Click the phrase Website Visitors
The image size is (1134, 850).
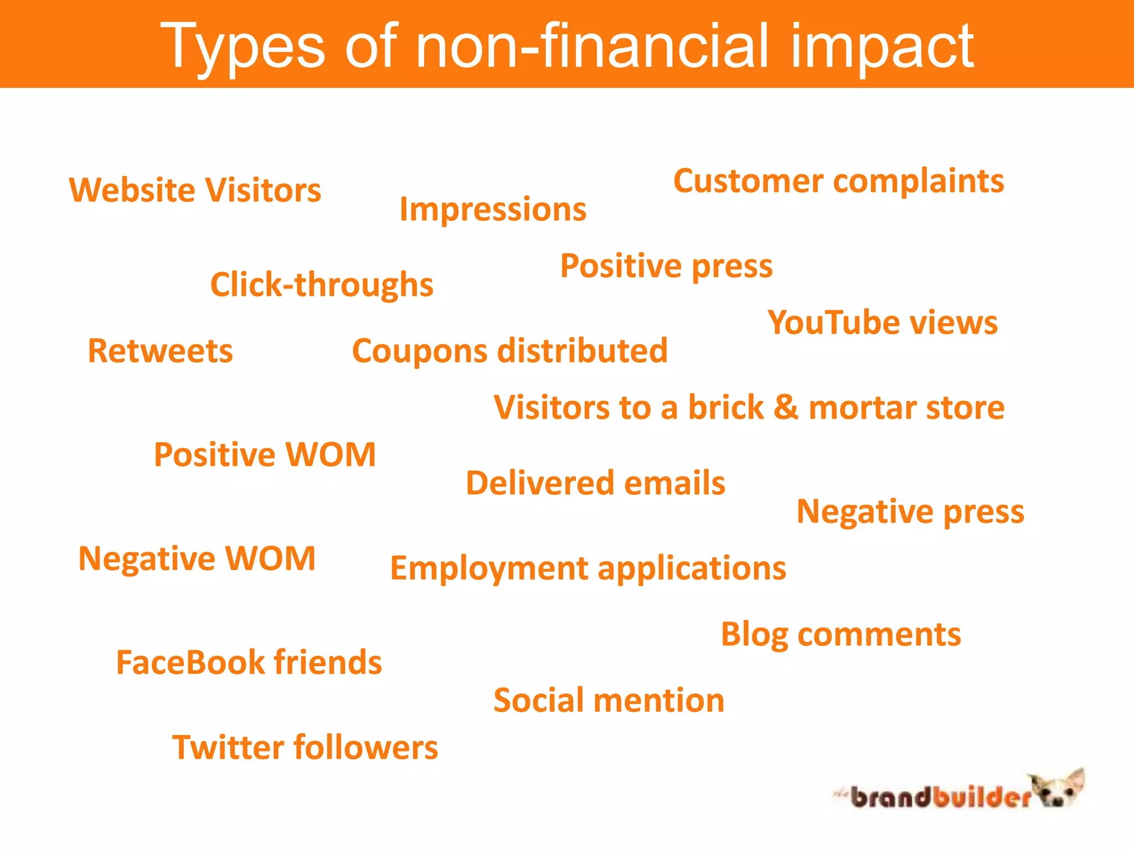[x=195, y=190]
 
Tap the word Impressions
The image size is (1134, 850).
[x=493, y=210]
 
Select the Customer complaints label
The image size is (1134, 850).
[x=838, y=181]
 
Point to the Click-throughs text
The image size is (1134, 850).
[x=322, y=285]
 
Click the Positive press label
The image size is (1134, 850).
[x=666, y=266]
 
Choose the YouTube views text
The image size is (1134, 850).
[x=883, y=323]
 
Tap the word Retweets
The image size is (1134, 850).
[x=161, y=351]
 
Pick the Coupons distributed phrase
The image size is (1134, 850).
[x=510, y=351]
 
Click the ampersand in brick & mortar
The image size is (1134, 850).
[x=786, y=407]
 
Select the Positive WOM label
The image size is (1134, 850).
[x=265, y=455]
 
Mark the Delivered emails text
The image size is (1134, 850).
[x=595, y=483]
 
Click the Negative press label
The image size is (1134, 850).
[x=910, y=512]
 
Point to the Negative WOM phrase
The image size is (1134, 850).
[x=197, y=558]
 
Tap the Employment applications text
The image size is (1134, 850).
[x=588, y=569]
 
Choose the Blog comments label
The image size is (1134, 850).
[x=841, y=635]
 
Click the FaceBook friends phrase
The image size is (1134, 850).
[x=249, y=662]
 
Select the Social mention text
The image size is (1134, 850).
[x=609, y=701]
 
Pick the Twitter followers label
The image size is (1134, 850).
[x=305, y=748]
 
